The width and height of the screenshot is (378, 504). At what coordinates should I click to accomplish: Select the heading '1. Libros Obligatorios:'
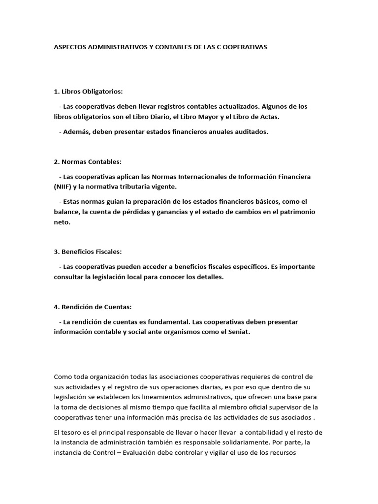(89, 92)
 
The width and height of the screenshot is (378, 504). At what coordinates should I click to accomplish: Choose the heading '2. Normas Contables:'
(88, 161)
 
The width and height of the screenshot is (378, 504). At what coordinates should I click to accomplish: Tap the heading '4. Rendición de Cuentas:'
(93, 307)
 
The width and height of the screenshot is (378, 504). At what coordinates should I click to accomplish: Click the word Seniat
(240, 332)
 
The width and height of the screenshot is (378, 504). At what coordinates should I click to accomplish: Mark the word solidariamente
(238, 442)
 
